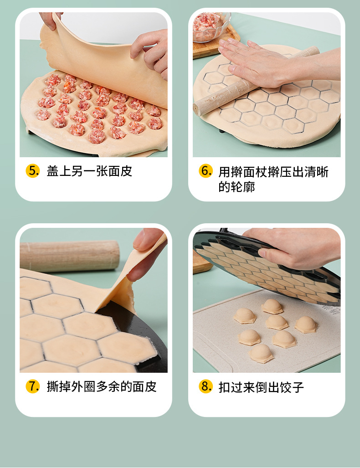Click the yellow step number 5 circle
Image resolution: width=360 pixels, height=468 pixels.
point(33,171)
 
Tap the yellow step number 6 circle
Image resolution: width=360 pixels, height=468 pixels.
point(206,171)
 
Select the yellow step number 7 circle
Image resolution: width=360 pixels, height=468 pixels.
point(33,386)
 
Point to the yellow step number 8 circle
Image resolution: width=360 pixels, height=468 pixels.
point(206,386)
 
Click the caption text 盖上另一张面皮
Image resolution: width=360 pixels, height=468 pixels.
point(89,171)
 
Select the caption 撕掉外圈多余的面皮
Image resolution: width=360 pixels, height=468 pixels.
point(102,387)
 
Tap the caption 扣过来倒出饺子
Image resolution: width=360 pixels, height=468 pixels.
point(261,387)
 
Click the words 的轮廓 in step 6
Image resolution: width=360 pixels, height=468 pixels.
point(237,187)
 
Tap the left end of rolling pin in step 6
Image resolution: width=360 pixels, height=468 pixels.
point(201,109)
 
